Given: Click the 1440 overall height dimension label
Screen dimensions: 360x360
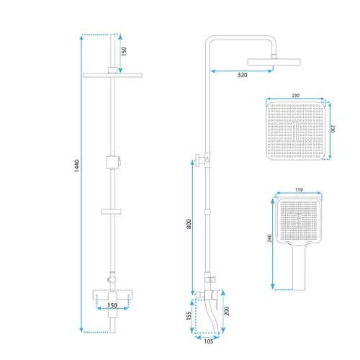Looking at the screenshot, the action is pyautogui.click(x=76, y=166).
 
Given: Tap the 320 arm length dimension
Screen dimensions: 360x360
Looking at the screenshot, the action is pyautogui.click(x=242, y=75).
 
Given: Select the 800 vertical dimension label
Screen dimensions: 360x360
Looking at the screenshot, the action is pyautogui.click(x=189, y=224).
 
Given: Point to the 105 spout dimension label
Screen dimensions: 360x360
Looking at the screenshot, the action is pyautogui.click(x=208, y=341).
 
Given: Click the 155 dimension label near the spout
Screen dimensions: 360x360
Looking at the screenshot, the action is pyautogui.click(x=189, y=315).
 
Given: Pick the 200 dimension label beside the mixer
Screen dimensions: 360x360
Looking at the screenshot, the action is pyautogui.click(x=226, y=311).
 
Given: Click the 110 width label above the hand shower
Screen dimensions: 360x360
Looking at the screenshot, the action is pyautogui.click(x=299, y=190).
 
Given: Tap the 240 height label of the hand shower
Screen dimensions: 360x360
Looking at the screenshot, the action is pyautogui.click(x=269, y=238).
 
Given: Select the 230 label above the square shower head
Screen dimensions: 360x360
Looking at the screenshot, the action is pyautogui.click(x=296, y=96).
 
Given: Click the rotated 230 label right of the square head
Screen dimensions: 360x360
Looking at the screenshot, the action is pyautogui.click(x=333, y=128).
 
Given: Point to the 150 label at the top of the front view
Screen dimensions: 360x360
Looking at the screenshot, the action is pyautogui.click(x=124, y=51).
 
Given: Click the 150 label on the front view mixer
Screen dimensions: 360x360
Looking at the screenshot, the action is pyautogui.click(x=112, y=305).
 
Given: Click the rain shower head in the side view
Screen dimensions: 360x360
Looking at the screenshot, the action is pyautogui.click(x=274, y=62).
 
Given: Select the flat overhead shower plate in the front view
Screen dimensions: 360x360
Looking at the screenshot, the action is pyautogui.click(x=112, y=75).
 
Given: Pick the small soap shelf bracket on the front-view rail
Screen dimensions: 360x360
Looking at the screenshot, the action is pyautogui.click(x=111, y=212).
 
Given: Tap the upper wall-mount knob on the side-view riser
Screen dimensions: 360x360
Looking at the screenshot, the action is pyautogui.click(x=200, y=160).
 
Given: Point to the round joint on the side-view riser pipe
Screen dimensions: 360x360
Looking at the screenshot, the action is pyautogui.click(x=207, y=212).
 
